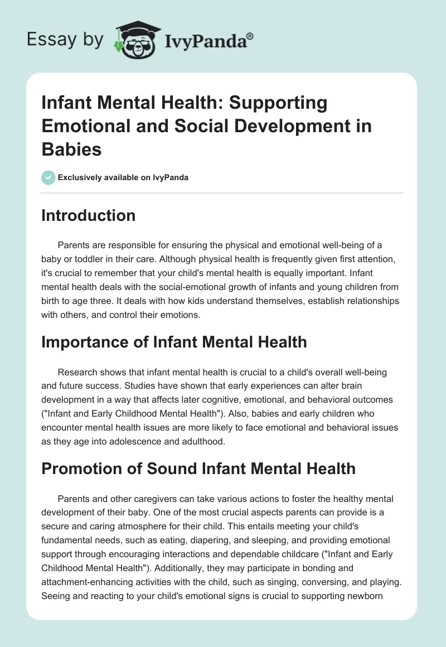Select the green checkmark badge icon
(48, 177)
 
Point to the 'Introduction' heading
(88, 216)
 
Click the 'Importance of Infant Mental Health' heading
(174, 341)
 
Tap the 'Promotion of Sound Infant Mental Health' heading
(198, 467)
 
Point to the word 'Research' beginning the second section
(77, 371)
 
